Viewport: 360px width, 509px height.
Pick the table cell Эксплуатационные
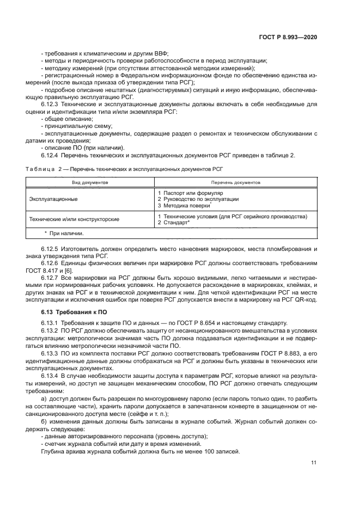click(53, 199)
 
